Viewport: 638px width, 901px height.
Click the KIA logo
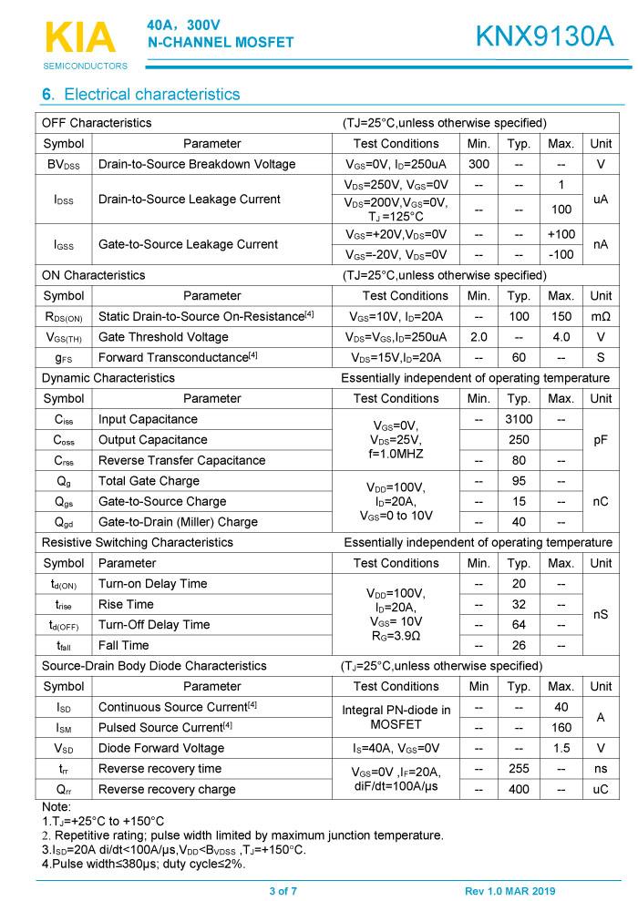(x=80, y=38)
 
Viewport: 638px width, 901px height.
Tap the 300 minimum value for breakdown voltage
(x=478, y=164)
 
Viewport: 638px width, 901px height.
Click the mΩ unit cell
(x=601, y=316)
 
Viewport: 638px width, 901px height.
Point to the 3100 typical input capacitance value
(x=519, y=419)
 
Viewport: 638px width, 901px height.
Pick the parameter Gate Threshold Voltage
(x=163, y=336)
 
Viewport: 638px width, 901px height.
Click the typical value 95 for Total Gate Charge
(x=519, y=480)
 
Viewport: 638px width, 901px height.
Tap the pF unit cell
(x=601, y=439)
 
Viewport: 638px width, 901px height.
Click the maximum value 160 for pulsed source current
(x=561, y=727)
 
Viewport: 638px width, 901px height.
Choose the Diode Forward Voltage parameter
(x=160, y=748)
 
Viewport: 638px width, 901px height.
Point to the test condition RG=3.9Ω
(x=396, y=635)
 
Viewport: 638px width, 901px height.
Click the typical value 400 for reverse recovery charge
(x=519, y=789)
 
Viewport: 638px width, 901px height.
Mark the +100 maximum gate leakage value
(x=561, y=234)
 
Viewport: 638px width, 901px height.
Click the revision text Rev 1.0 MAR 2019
(x=509, y=890)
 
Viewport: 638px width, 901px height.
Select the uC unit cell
(x=601, y=789)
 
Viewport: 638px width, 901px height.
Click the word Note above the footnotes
(x=57, y=806)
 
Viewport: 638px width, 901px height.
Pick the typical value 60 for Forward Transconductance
(x=519, y=357)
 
